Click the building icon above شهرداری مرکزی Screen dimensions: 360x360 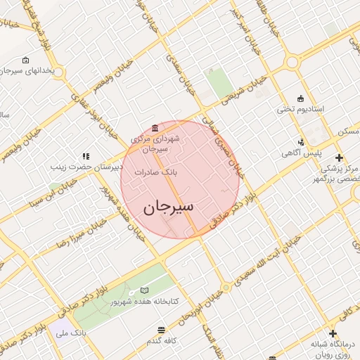click(x=154, y=127)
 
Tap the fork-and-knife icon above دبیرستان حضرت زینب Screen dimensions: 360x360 click(x=86, y=156)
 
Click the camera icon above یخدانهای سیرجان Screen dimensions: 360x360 click(x=26, y=60)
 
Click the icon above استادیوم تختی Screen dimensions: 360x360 click(x=302, y=98)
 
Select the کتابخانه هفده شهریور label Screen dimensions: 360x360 click(x=145, y=301)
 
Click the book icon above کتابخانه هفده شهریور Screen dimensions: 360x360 click(x=145, y=290)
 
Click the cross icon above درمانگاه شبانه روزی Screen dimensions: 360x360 click(x=333, y=333)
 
